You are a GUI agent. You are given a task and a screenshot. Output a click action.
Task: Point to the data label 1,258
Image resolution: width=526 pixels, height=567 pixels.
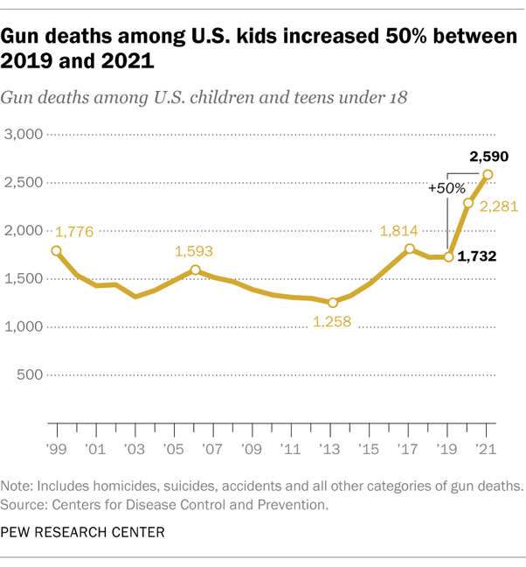point(332,323)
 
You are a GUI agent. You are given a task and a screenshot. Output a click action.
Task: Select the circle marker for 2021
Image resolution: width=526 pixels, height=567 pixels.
point(488,174)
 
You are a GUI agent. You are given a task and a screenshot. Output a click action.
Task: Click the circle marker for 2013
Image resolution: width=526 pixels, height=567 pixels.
point(332,303)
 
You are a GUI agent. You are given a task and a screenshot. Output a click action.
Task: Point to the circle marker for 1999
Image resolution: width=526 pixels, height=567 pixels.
point(57,251)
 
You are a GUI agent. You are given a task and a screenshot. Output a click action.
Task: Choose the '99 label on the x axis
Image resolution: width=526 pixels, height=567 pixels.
point(57,451)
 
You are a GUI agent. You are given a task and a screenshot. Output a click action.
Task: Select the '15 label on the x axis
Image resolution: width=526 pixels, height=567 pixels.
point(370,451)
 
